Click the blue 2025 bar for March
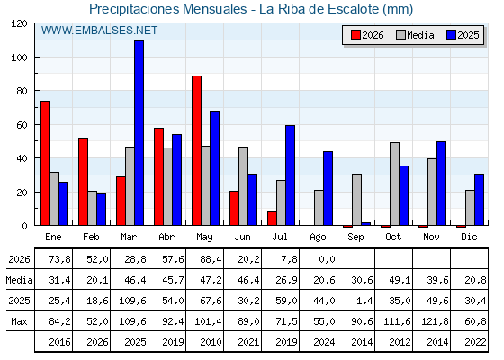click(x=139, y=133)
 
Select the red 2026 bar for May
click(x=196, y=150)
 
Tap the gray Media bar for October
click(x=394, y=184)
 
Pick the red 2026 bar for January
click(x=45, y=163)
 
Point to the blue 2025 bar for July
click(x=290, y=175)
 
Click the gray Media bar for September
click(x=356, y=200)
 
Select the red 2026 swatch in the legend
click(x=355, y=35)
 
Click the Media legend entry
click(x=415, y=35)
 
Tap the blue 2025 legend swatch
click(x=451, y=35)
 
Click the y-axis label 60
click(x=22, y=125)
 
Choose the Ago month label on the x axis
click(x=318, y=238)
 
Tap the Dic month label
click(x=469, y=237)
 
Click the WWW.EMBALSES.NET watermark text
click(x=99, y=31)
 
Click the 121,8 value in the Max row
click(x=435, y=321)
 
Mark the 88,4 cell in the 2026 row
click(x=211, y=259)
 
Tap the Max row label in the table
click(x=19, y=321)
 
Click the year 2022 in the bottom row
click(x=475, y=342)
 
